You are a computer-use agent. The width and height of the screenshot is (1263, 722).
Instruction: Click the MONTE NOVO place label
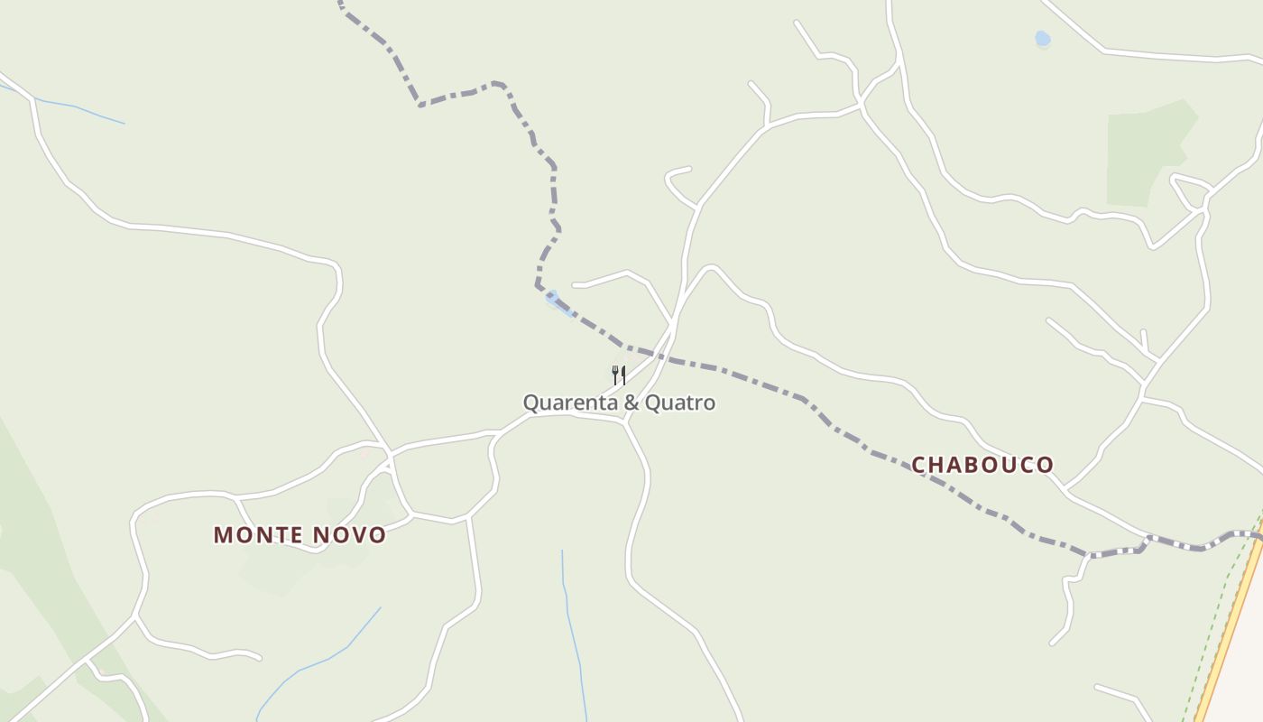(300, 535)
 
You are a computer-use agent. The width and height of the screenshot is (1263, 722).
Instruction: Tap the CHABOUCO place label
(982, 465)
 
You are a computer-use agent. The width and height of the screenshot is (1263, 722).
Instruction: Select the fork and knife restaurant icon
(619, 375)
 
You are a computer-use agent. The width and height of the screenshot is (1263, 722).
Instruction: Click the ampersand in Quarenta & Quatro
(633, 403)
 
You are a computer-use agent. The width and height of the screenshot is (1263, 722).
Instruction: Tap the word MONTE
(258, 535)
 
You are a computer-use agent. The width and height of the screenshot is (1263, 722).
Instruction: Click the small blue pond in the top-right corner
(1043, 39)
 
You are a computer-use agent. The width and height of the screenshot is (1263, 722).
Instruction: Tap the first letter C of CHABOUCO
(920, 465)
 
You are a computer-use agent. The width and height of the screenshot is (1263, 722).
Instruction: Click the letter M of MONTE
(222, 535)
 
